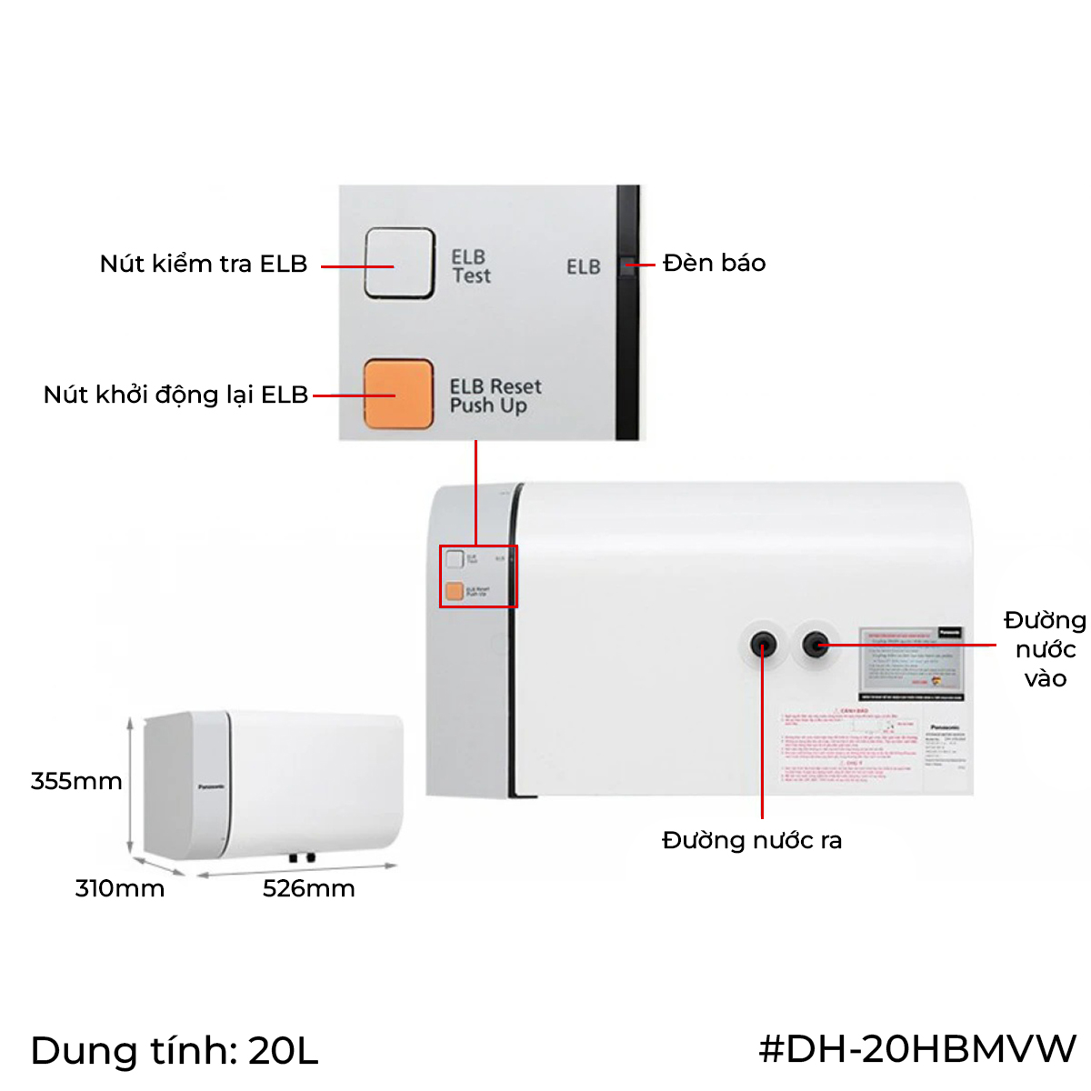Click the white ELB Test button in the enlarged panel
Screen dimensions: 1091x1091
(x=399, y=263)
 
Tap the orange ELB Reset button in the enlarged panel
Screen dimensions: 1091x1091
(x=398, y=394)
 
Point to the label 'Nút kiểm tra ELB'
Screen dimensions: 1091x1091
(x=204, y=264)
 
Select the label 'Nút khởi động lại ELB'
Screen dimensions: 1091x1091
(x=175, y=395)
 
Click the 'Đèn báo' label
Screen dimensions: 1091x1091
(x=714, y=263)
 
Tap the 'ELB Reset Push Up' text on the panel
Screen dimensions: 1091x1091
(x=495, y=396)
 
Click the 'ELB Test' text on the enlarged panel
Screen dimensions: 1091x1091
(x=471, y=266)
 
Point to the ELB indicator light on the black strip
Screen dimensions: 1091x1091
(x=627, y=265)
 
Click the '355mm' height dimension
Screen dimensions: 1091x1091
(x=76, y=781)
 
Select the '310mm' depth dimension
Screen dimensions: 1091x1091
(x=119, y=888)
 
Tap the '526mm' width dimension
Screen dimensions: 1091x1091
(x=308, y=888)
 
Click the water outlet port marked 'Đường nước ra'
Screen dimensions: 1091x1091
(x=762, y=645)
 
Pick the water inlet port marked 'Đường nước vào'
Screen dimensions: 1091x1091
(x=816, y=645)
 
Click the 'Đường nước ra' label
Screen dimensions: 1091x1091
(x=752, y=840)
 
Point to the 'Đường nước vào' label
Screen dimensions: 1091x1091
(x=1045, y=649)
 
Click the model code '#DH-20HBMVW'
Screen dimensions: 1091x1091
(x=917, y=1048)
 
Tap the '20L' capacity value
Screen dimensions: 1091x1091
(x=283, y=1051)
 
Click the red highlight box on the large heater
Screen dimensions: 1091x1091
(x=478, y=576)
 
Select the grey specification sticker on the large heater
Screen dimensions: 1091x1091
(x=912, y=664)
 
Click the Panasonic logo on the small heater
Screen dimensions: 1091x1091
(x=211, y=786)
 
